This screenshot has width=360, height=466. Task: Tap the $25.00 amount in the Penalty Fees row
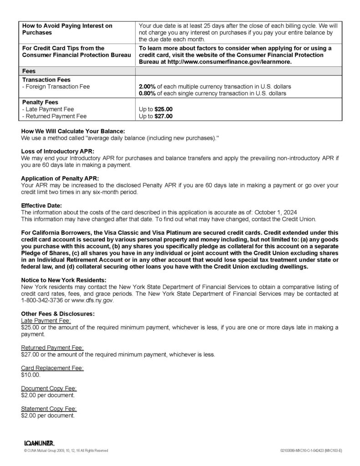(x=163, y=109)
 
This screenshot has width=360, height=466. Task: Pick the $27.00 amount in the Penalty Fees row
(x=163, y=116)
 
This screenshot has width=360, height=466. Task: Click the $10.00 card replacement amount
(x=30, y=375)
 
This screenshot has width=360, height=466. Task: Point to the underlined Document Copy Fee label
(x=49, y=388)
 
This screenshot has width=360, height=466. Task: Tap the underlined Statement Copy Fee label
(x=49, y=408)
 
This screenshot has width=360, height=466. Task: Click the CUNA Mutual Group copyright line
(x=66, y=451)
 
